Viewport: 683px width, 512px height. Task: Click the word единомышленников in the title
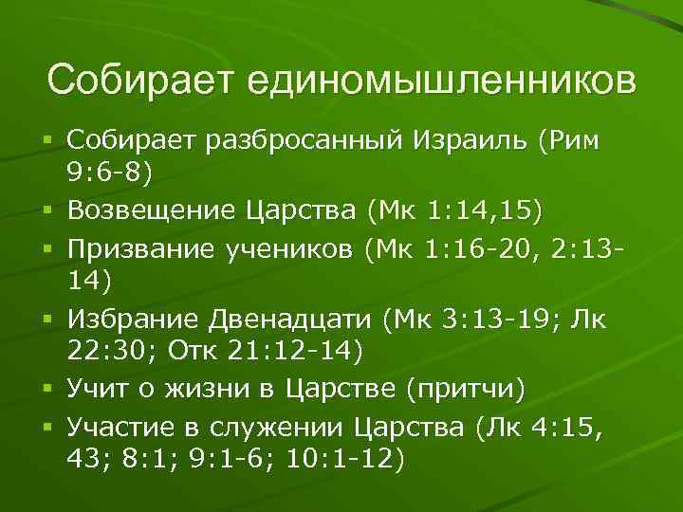442,82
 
